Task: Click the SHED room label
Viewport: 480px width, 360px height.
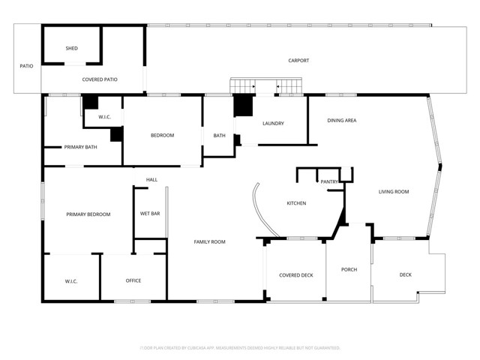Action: tap(71, 48)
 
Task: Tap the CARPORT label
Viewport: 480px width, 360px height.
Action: tap(298, 61)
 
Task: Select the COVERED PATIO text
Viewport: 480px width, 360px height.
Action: tap(99, 79)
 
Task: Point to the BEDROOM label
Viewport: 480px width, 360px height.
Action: tap(162, 135)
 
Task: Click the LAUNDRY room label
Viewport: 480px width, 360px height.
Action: tap(272, 123)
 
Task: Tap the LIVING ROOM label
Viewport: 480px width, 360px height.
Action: tap(393, 192)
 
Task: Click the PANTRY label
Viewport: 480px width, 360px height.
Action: tap(329, 181)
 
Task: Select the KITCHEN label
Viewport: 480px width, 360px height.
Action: tap(296, 203)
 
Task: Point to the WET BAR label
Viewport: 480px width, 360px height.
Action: tap(150, 214)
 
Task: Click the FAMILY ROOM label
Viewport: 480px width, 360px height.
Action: tap(209, 241)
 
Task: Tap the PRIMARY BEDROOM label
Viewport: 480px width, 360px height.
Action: tap(88, 214)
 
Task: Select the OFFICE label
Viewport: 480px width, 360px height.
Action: tap(133, 280)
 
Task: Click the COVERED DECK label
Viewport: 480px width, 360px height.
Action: tap(295, 275)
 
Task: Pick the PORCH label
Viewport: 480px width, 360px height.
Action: tap(349, 269)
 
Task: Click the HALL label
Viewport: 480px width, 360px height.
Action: tap(151, 180)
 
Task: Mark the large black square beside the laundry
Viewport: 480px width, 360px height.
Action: tap(244, 105)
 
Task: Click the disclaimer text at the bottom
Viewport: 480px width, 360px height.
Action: tap(240, 348)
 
